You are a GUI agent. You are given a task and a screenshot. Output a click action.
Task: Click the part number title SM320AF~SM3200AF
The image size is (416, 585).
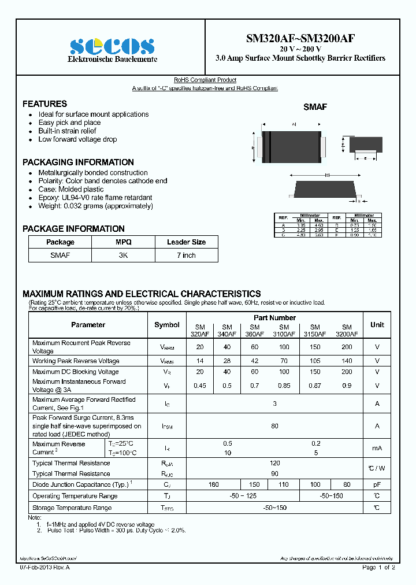pyautogui.click(x=300, y=39)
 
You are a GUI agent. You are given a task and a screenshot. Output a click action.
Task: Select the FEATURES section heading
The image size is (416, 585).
pyautogui.click(x=44, y=104)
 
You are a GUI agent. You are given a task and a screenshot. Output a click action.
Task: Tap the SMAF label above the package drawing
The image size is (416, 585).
pyautogui.click(x=315, y=107)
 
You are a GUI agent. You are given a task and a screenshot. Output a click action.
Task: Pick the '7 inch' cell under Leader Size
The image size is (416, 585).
pyautogui.click(x=186, y=255)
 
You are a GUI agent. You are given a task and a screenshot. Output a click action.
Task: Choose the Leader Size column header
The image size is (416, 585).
pyautogui.click(x=186, y=242)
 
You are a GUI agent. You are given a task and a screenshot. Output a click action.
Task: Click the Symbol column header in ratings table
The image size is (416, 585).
pyautogui.click(x=167, y=325)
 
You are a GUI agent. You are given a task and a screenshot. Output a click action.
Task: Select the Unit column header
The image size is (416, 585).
pyautogui.click(x=377, y=325)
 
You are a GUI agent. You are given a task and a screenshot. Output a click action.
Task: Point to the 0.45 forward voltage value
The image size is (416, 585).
pyautogui.click(x=200, y=386)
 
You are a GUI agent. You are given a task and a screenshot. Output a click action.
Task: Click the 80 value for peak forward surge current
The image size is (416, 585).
pyautogui.click(x=274, y=426)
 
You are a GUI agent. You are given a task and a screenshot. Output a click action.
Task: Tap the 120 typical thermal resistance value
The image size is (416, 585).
pyautogui.click(x=274, y=463)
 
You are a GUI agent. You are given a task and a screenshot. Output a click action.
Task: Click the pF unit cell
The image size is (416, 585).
pyautogui.click(x=377, y=484)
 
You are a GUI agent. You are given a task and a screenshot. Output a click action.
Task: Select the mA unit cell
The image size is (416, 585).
pyautogui.click(x=377, y=448)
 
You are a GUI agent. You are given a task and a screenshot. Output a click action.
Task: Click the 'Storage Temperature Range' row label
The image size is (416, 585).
pyautogui.click(x=72, y=508)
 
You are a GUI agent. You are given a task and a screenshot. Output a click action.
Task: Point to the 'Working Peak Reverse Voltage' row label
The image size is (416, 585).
pyautogui.click(x=76, y=361)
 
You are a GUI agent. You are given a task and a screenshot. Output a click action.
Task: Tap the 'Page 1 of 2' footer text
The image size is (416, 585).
pyautogui.click(x=378, y=568)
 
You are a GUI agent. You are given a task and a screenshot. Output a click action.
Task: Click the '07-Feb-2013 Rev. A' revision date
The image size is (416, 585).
pyautogui.click(x=48, y=568)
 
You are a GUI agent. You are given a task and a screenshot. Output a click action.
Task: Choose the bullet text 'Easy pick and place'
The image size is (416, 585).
pyautogui.click(x=69, y=123)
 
